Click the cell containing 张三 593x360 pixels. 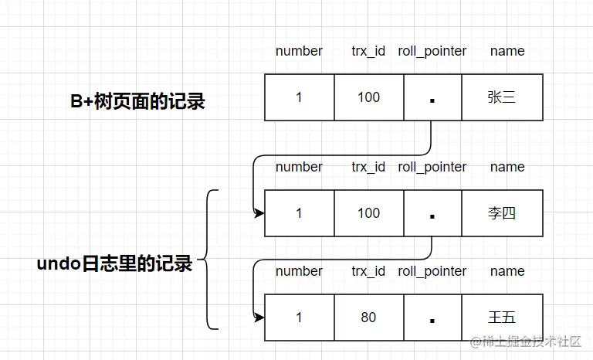point(502,97)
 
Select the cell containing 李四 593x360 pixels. point(502,213)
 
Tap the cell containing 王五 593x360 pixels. point(502,318)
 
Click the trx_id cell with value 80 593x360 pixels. point(368,318)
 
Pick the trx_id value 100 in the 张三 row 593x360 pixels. point(368,97)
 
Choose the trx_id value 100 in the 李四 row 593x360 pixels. point(368,213)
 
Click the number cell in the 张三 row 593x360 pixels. point(299,97)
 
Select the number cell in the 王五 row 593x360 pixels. point(299,318)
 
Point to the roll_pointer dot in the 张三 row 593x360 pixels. point(432,100)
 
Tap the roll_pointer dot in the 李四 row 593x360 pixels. point(432,216)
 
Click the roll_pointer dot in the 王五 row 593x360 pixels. point(432,321)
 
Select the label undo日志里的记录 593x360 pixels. point(114,263)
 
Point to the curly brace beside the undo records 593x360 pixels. point(209,260)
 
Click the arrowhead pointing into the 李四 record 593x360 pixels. point(259,212)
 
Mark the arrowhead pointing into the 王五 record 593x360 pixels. point(259,317)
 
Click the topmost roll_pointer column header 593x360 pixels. point(432,51)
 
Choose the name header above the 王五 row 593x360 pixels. point(507,271)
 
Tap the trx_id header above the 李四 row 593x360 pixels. point(368,167)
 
